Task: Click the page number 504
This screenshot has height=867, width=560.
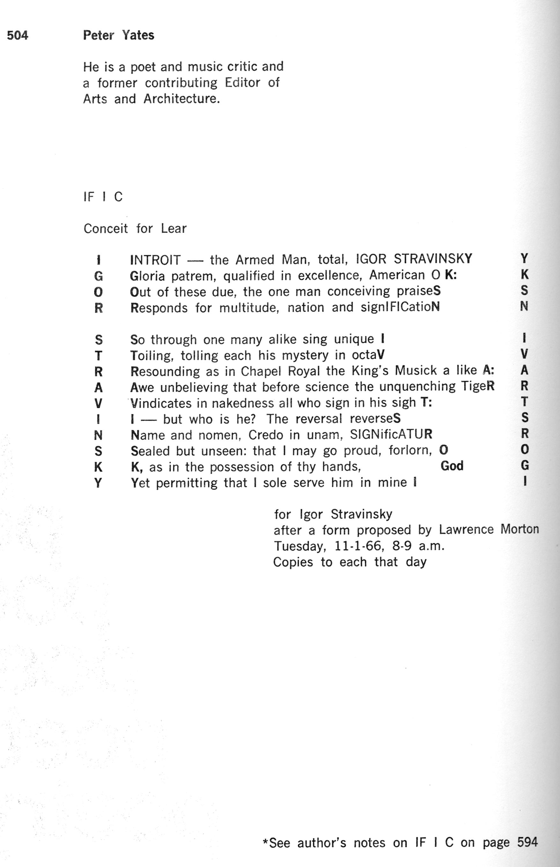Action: click(18, 35)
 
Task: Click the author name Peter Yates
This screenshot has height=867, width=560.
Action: click(119, 35)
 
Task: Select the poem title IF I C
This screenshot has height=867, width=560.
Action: click(103, 197)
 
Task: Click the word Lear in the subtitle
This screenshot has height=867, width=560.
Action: click(174, 228)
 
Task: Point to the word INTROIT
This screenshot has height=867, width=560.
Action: click(155, 260)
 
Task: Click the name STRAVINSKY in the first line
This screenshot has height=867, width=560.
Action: click(433, 259)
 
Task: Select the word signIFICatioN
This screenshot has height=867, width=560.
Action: click(400, 307)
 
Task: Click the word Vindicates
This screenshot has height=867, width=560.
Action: click(161, 403)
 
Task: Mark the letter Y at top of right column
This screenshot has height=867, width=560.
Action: click(524, 259)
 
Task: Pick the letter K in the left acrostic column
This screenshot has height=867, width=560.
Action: click(98, 467)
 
